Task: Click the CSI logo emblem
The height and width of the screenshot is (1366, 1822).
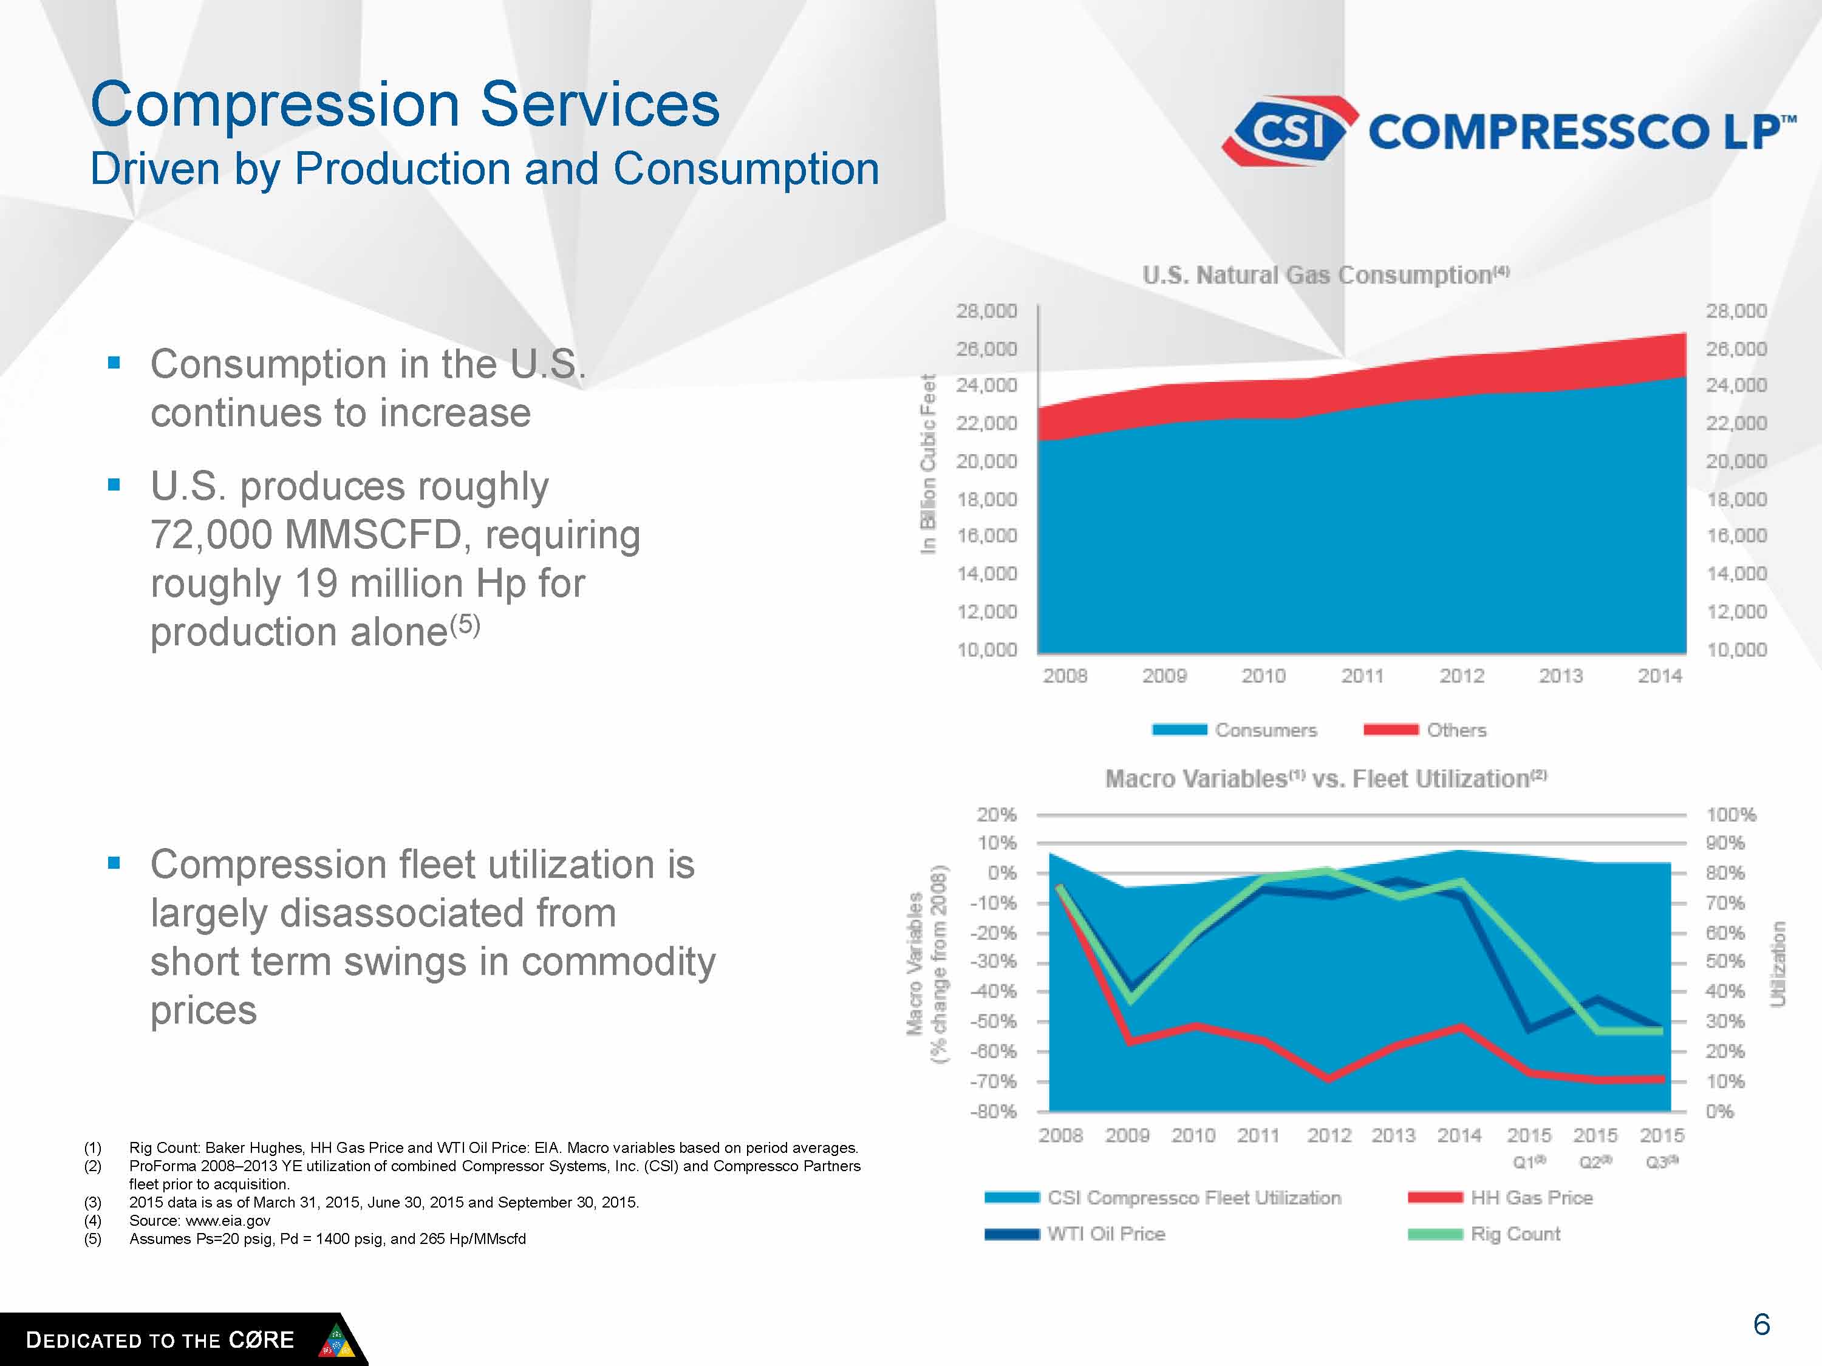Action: point(1290,130)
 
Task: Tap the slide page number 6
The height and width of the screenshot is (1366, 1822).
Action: point(1761,1324)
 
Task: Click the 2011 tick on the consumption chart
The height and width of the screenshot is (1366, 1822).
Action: point(1362,676)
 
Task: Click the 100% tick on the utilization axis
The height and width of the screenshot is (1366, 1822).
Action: point(1730,814)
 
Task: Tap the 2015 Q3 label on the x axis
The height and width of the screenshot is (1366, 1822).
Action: point(1662,1146)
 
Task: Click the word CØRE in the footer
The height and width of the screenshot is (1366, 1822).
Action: point(261,1340)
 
